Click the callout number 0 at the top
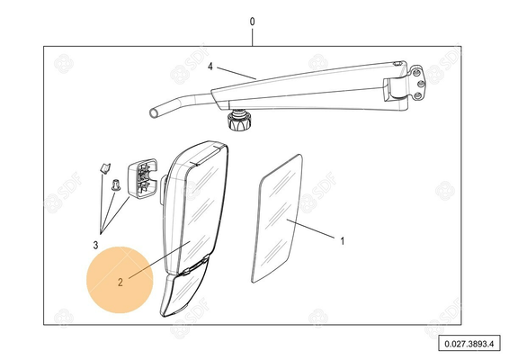252,22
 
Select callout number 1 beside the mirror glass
342,241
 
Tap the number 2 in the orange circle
121,283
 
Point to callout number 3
95,245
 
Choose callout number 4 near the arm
210,67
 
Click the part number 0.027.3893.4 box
469,343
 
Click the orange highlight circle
120,280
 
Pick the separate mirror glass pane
277,219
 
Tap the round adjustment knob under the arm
239,121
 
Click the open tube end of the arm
154,113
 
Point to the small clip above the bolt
104,168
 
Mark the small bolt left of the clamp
115,184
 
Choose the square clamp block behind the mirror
142,178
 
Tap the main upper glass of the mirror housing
201,212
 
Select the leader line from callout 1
310,229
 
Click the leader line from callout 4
237,73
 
